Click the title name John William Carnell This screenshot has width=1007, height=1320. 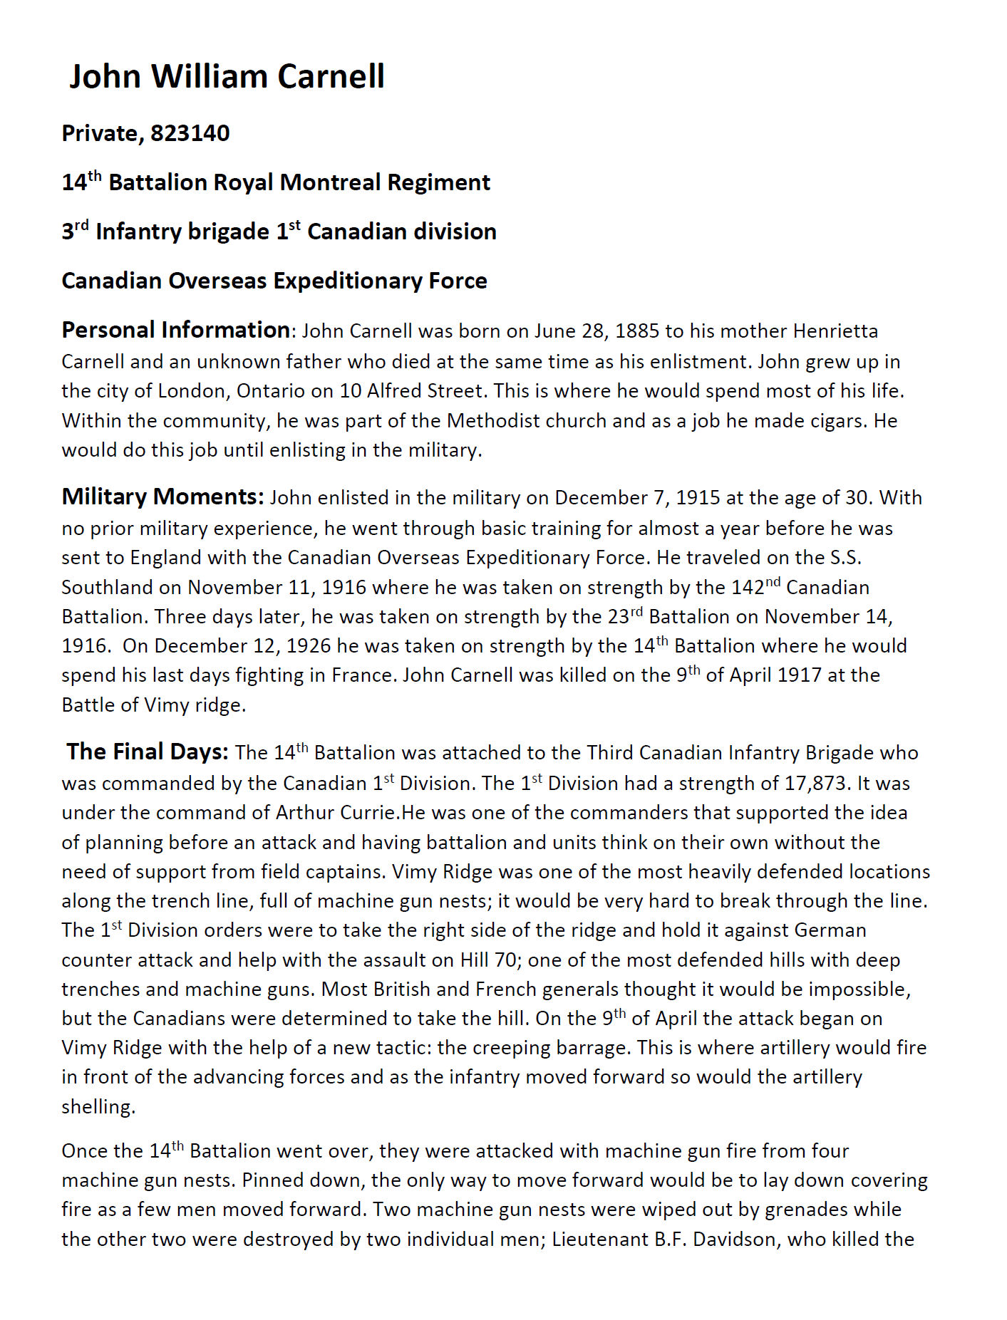point(227,76)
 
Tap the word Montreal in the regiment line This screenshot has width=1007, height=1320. point(330,182)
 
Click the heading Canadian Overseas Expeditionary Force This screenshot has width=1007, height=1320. point(274,281)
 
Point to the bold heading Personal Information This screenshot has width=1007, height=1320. point(175,331)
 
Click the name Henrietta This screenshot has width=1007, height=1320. point(835,331)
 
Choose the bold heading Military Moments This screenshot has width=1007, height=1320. point(162,497)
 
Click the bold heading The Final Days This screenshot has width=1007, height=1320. point(148,752)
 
